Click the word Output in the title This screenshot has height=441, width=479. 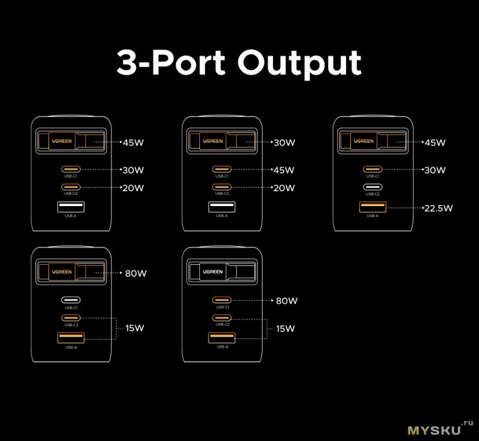point(299,64)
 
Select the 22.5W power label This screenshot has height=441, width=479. point(438,209)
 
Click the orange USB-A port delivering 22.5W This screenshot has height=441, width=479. point(372,208)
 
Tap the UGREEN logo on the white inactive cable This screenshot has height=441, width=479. point(212,271)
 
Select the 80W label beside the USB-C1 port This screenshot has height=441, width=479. point(286,301)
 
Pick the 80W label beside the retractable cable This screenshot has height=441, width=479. point(135,274)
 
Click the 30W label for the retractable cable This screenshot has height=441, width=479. point(284,143)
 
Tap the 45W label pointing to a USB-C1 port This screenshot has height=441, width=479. point(284,170)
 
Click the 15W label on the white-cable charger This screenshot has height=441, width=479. point(286,328)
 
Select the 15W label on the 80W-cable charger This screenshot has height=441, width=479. point(135,328)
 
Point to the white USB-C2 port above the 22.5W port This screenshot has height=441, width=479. point(372,187)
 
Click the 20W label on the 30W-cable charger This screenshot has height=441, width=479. point(284,188)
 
